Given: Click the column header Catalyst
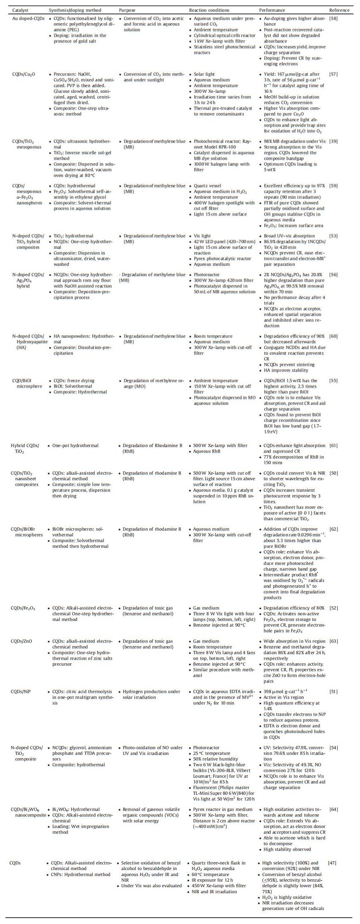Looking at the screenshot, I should click(x=20, y=10).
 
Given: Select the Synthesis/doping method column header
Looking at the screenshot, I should click(x=75, y=10).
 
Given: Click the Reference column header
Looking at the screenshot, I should click(x=339, y=10).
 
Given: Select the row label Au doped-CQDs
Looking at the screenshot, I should click(x=28, y=18).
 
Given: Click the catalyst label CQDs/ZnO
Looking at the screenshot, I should click(x=22, y=641).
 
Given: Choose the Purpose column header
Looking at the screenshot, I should click(x=128, y=10).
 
